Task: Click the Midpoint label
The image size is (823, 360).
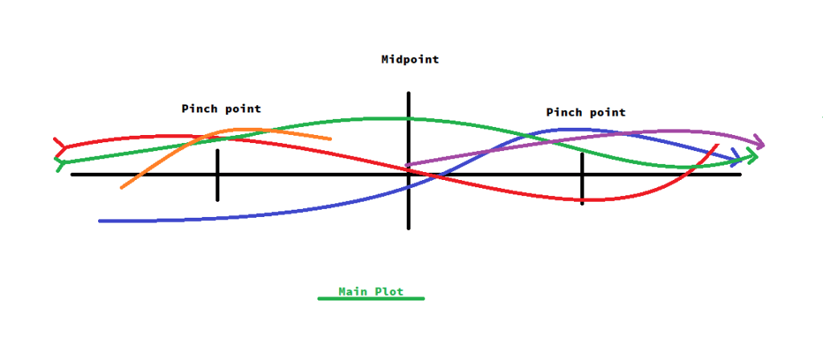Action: tap(410, 59)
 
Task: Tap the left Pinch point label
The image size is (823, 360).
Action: tap(221, 108)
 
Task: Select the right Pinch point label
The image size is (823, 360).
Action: tap(585, 112)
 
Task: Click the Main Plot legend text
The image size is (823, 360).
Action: tap(371, 291)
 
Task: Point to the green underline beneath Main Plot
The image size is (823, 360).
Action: tap(371, 299)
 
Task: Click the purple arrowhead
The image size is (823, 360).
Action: tap(759, 144)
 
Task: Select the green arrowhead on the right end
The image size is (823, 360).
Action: tap(752, 158)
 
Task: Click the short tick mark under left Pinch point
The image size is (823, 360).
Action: tap(217, 174)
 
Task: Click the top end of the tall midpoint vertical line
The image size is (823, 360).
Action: tap(409, 94)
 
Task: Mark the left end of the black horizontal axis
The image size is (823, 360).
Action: tap(72, 174)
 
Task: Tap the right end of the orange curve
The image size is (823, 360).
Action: tap(330, 139)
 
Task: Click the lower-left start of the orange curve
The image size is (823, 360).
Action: tap(122, 187)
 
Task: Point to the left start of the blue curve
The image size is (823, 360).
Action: tap(100, 220)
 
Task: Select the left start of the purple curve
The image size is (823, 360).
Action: tap(407, 166)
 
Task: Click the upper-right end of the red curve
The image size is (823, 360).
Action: tap(717, 145)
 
